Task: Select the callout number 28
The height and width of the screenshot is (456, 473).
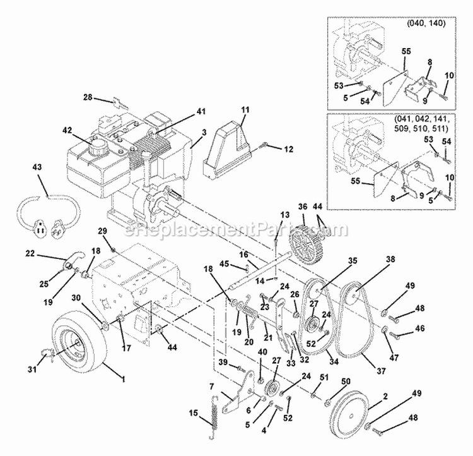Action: [88, 97]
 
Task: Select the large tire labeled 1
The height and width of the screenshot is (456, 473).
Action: [78, 347]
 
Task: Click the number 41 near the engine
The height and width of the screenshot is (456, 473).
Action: [201, 111]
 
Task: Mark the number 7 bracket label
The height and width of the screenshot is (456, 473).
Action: [213, 386]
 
